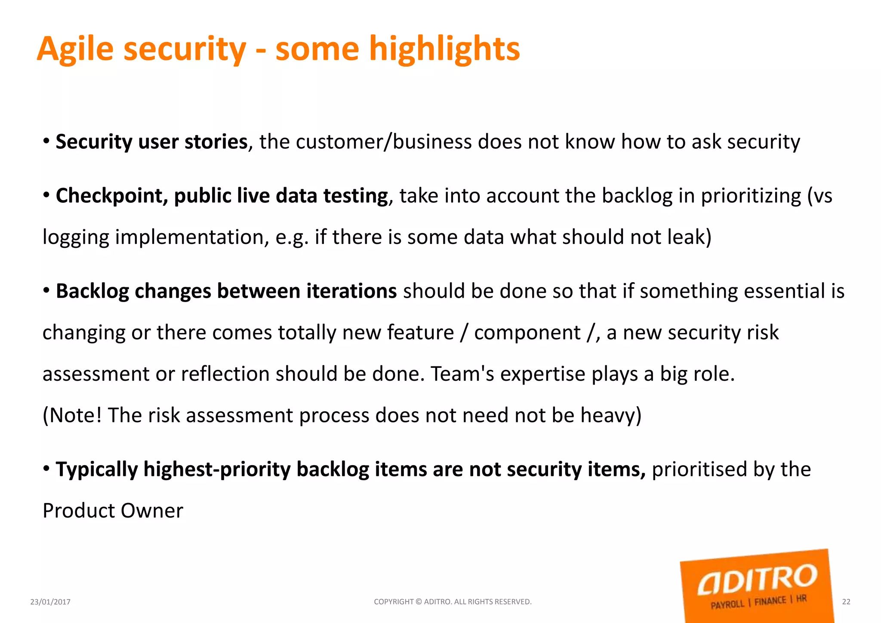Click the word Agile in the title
coord(75,49)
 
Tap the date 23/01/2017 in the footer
coord(50,602)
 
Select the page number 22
coord(846,602)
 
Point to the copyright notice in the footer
coord(453,602)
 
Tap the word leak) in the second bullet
coord(690,237)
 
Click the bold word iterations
coord(351,291)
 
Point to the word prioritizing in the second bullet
coord(751,196)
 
